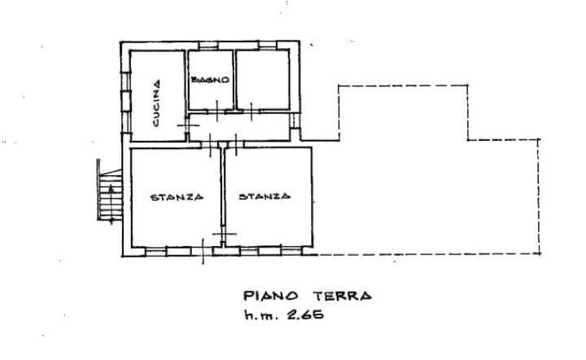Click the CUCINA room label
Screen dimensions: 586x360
(156, 103)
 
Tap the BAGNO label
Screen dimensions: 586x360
(210, 80)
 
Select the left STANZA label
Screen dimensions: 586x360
(177, 197)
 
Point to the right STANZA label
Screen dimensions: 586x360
(265, 196)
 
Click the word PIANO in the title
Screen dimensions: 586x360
(271, 296)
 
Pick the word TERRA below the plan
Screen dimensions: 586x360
(343, 296)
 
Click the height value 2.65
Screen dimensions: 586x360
(305, 314)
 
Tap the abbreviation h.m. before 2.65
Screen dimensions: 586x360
(261, 314)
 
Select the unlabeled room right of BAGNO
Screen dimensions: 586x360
(263, 80)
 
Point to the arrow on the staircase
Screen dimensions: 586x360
(111, 204)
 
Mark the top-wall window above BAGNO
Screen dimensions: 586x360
(208, 46)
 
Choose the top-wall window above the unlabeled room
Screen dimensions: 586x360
(268, 46)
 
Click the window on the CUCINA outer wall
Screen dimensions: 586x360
(125, 102)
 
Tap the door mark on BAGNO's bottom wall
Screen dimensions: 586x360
(217, 111)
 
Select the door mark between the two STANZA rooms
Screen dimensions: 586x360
(224, 234)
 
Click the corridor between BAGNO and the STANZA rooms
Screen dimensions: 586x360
(239, 127)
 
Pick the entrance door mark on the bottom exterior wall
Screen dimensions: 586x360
(203, 251)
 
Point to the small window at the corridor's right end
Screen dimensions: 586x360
(295, 121)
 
